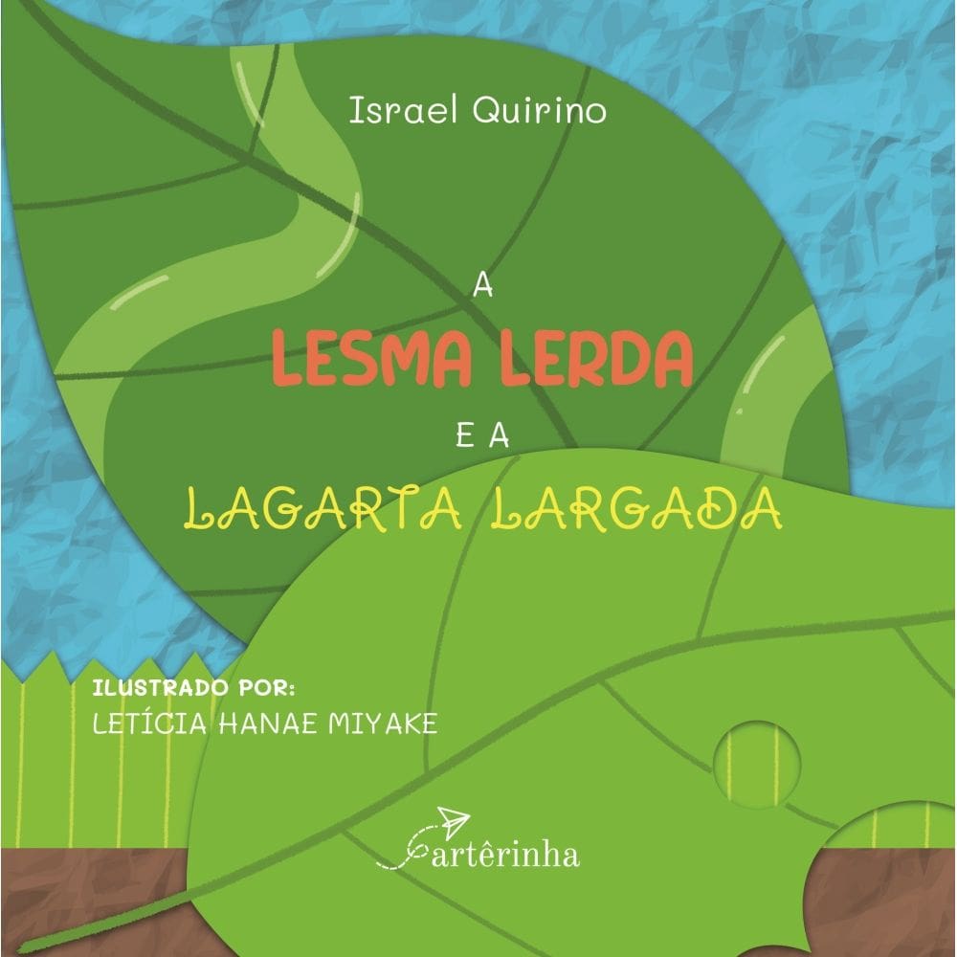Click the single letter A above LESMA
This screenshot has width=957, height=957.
coord(481,286)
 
